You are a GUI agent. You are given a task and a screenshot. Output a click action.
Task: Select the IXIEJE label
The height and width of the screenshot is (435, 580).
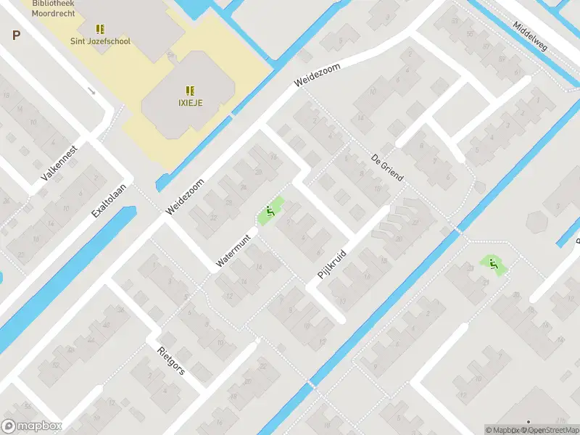(190, 102)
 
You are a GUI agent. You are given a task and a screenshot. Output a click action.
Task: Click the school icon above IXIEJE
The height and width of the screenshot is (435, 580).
(190, 91)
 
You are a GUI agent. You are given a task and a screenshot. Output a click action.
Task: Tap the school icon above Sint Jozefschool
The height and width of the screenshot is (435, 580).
(100, 30)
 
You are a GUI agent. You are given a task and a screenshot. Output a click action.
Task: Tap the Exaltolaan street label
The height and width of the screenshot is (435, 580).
(109, 200)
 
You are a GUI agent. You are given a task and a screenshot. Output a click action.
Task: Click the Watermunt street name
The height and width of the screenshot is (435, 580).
(233, 250)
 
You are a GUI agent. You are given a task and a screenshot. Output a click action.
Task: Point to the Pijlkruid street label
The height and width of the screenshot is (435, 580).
(333, 265)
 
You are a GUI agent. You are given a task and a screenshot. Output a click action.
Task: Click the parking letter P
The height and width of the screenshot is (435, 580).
(16, 35)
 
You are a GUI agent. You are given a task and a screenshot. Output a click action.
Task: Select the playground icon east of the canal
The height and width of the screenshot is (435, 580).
(493, 265)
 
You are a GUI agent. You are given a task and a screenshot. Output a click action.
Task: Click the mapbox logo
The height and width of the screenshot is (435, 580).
(31, 426)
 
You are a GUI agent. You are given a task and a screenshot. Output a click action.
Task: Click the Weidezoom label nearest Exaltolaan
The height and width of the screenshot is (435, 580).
(185, 196)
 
